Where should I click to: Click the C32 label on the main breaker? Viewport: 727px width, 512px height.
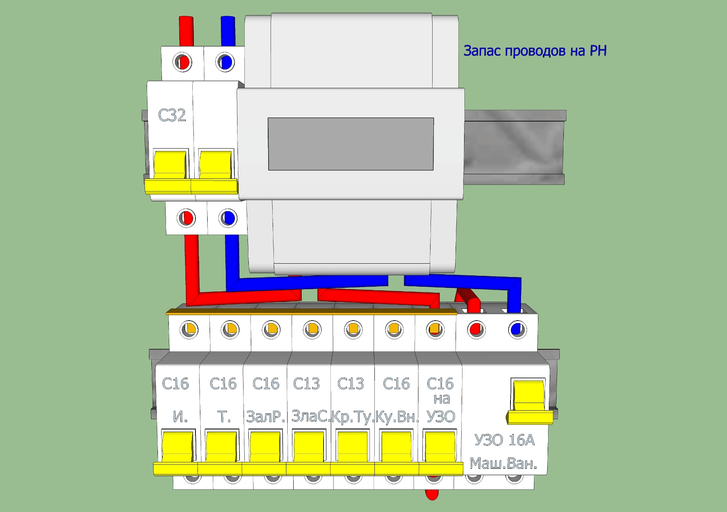[172, 115]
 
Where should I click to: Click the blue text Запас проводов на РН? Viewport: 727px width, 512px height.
[535, 51]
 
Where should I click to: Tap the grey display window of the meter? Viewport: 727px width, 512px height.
[351, 144]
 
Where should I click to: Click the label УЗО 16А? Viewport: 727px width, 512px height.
[504, 440]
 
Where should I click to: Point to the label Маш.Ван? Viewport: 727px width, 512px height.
[503, 464]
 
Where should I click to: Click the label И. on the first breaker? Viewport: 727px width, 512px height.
[180, 417]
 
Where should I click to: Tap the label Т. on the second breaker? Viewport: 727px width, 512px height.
[224, 417]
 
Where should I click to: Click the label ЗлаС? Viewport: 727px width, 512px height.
[310, 416]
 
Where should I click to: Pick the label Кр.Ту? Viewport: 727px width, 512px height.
[352, 417]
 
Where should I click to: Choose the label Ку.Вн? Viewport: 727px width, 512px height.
[397, 417]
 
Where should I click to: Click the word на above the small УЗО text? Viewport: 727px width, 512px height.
[441, 399]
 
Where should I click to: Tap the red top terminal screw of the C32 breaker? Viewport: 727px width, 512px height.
[183, 63]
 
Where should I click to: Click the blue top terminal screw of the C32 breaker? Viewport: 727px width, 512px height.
[225, 63]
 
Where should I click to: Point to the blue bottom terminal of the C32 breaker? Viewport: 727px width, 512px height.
[228, 218]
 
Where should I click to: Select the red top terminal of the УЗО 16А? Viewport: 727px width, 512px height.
[476, 330]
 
